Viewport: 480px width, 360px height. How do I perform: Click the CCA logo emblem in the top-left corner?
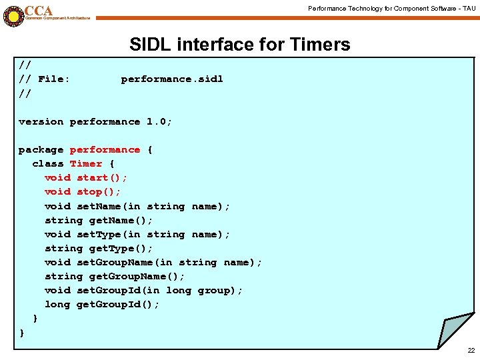coord(13,14)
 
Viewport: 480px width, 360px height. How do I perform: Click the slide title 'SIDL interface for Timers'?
coord(239,45)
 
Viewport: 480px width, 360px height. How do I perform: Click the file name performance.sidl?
coord(172,79)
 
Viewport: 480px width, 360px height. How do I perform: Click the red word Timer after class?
coord(86,164)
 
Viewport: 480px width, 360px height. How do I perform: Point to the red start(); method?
coord(102,178)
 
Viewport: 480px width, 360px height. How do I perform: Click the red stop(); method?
coord(99,192)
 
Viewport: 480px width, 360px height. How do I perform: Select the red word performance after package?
coord(105,150)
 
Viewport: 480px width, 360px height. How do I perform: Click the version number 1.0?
coord(159,122)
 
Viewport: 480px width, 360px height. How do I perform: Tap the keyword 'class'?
coord(48,164)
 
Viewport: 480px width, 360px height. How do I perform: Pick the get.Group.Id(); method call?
coord(118,305)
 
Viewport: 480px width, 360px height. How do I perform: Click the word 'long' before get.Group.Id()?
coord(57,305)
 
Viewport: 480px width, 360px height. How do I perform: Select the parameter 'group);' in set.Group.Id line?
coord(221,291)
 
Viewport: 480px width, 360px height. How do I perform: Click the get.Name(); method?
coord(121,220)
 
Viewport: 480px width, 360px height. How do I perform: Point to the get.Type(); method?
coord(121,249)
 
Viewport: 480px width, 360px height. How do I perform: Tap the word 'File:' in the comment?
coord(54,79)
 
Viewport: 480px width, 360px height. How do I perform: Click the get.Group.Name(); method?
coord(137,277)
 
